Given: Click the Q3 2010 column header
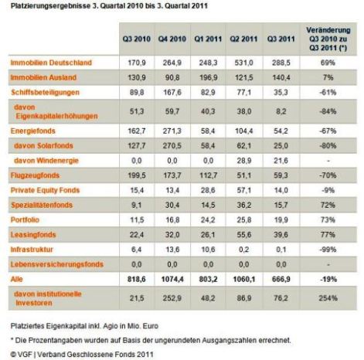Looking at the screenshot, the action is point(137,39).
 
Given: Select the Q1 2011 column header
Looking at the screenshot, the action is point(208,39).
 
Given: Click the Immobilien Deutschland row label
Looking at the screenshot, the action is point(51,63).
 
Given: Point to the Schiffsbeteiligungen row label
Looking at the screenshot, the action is point(45,93).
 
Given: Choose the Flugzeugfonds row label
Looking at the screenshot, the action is point(35,175).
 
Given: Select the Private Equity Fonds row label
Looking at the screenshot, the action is point(45,190).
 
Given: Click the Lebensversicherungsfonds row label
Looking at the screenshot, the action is point(57,264).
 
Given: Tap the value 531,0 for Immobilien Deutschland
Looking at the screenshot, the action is point(243,63).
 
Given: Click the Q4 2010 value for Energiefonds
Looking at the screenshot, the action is point(172,131).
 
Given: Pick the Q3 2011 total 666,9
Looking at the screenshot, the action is point(281,279).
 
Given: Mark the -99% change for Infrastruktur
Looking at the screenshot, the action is point(328,250).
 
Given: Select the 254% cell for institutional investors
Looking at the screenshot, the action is point(328,298).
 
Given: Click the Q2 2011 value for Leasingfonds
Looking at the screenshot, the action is point(243,235).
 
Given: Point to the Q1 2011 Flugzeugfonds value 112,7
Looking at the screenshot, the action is point(208,175).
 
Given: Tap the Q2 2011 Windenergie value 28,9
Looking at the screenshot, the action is point(243,161).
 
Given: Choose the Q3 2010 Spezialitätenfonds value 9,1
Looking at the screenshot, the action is point(136,205).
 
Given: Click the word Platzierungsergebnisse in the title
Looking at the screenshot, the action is point(50,6).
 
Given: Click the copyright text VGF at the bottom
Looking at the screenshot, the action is point(25,355).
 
